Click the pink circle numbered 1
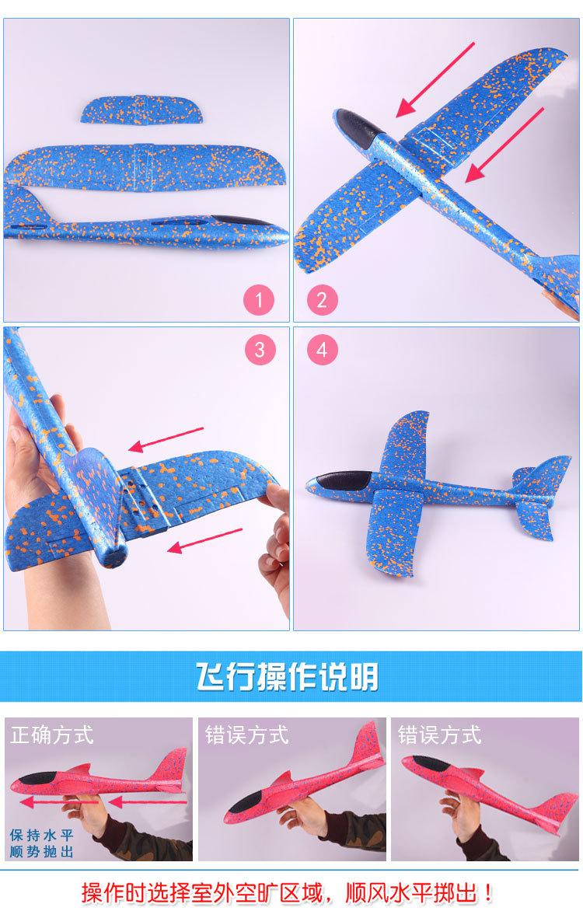(x=260, y=298)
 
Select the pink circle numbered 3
(x=260, y=349)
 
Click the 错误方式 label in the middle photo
(x=246, y=734)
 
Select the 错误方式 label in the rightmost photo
(x=439, y=734)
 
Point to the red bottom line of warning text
(x=291, y=892)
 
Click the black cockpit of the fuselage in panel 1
(x=233, y=221)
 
